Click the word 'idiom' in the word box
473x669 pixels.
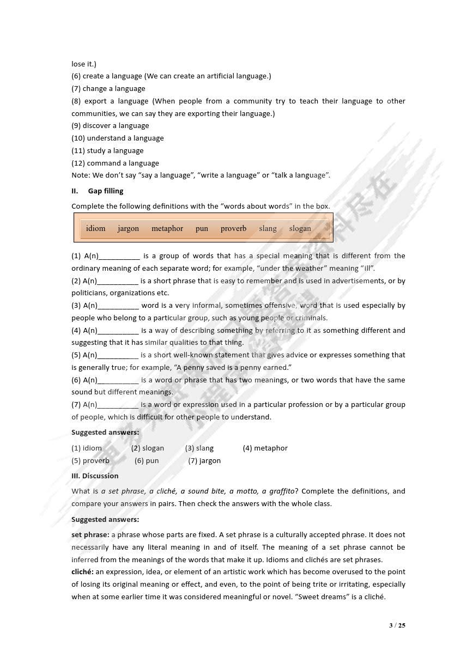[x=95, y=228]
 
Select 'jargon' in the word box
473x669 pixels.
[x=128, y=228]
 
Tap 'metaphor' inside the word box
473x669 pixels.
[x=167, y=228]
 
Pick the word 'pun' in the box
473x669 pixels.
[x=202, y=228]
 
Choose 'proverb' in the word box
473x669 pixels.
[x=233, y=228]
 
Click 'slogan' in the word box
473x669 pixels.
[x=300, y=228]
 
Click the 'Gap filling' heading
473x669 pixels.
[x=106, y=191]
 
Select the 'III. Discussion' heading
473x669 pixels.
[x=95, y=476]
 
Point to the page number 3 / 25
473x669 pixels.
[x=397, y=625]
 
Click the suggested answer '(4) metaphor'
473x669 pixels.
[x=265, y=448]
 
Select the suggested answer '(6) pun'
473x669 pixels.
[x=147, y=460]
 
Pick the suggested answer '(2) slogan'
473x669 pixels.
[x=147, y=448]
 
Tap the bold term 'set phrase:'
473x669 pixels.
[x=90, y=534]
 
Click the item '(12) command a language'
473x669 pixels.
[x=115, y=163]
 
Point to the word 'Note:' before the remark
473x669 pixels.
[x=81, y=175]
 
